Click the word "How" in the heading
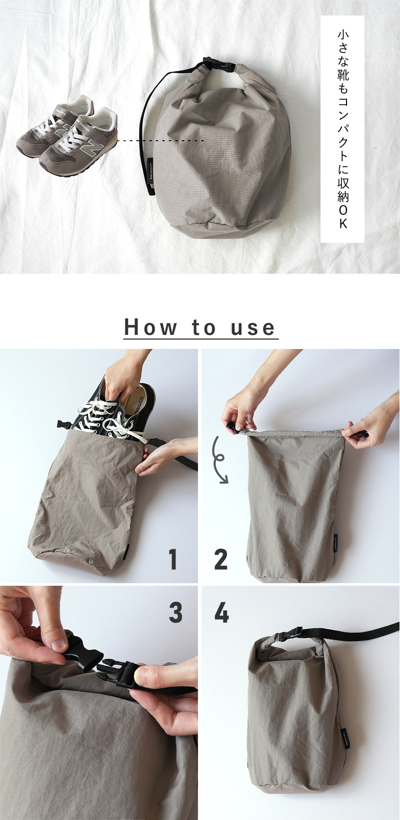[150, 327]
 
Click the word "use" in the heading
[252, 327]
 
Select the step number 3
[175, 612]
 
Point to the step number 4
[221, 612]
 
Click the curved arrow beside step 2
[220, 460]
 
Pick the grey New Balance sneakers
[67, 136]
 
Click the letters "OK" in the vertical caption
[343, 217]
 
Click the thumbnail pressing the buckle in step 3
[57, 645]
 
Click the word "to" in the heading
[203, 327]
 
